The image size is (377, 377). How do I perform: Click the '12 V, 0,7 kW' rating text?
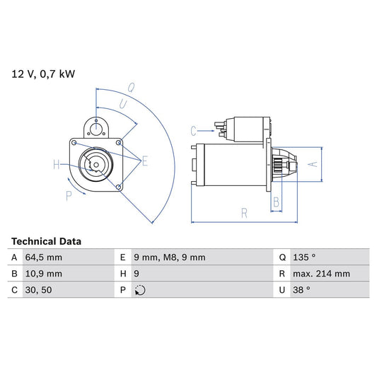pyautogui.click(x=41, y=73)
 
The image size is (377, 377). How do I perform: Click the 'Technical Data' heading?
pyautogui.click(x=46, y=241)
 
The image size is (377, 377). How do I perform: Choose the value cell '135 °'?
pyautogui.click(x=305, y=257)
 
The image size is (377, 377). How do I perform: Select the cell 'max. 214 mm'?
pyautogui.click(x=322, y=274)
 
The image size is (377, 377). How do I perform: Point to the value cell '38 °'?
pyautogui.click(x=302, y=290)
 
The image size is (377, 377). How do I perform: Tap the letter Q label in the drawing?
pyautogui.click(x=131, y=88)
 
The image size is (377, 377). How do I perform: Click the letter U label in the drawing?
pyautogui.click(x=123, y=104)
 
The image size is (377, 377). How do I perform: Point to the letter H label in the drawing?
pyautogui.click(x=57, y=166)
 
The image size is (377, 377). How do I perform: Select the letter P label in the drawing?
pyautogui.click(x=69, y=196)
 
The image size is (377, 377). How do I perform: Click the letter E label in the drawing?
pyautogui.click(x=145, y=162)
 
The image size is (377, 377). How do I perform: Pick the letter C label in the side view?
pyautogui.click(x=193, y=130)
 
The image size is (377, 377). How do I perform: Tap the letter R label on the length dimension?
pyautogui.click(x=243, y=211)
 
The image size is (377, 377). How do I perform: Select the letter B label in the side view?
pyautogui.click(x=277, y=202)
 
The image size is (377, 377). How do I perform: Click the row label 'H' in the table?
pyautogui.click(x=122, y=274)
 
